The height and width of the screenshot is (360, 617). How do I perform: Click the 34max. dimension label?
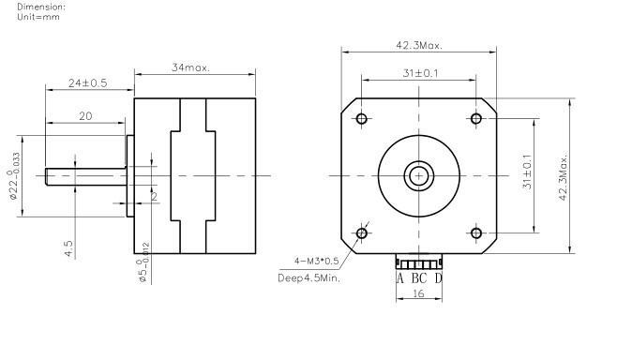(x=191, y=67)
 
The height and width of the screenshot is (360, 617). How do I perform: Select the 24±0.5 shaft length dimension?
(x=88, y=83)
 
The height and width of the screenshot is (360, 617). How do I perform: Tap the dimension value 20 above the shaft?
(x=85, y=116)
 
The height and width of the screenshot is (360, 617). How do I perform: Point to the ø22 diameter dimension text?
(x=14, y=175)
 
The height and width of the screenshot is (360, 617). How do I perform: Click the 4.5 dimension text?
(x=68, y=248)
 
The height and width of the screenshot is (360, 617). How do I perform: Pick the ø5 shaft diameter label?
(x=143, y=262)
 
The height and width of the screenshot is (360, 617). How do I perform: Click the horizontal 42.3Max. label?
(x=419, y=45)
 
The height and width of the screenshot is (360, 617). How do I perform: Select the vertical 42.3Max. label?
(x=564, y=177)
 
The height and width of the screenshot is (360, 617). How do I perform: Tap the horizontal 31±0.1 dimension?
(x=420, y=73)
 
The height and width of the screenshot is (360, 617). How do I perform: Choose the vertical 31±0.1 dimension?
(x=527, y=172)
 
